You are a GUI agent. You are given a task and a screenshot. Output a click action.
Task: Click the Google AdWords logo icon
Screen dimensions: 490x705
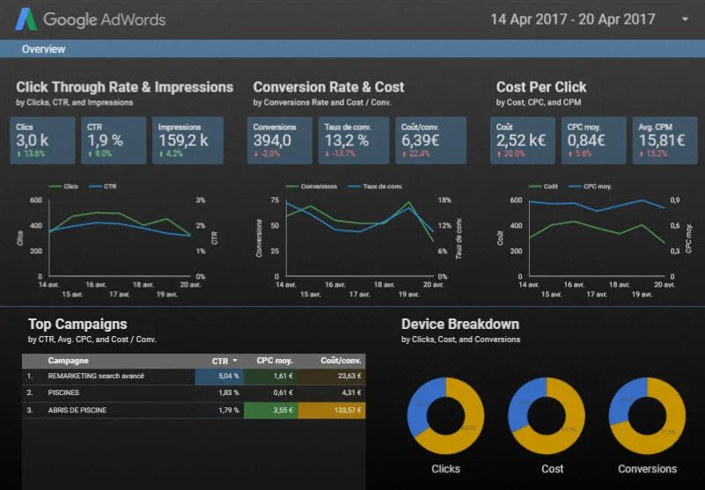tap(26, 18)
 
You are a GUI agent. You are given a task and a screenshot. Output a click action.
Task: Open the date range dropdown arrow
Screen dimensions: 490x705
tap(685, 18)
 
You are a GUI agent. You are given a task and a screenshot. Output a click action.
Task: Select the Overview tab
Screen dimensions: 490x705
tap(43, 49)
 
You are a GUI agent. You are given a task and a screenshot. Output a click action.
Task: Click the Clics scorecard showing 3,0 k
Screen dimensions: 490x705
tap(45, 140)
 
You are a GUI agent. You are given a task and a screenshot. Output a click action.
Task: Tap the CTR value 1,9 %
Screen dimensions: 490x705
tap(105, 141)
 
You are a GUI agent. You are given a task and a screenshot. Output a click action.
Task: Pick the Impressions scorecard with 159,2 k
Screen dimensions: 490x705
tap(183, 140)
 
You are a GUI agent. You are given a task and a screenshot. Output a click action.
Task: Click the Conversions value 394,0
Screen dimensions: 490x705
tap(278, 141)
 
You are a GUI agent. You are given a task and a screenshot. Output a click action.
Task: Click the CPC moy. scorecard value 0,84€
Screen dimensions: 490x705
tap(587, 141)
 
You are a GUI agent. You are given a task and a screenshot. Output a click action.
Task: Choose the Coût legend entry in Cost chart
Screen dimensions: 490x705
tap(546, 186)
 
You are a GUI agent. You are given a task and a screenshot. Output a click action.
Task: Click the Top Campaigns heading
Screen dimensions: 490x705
tap(77, 324)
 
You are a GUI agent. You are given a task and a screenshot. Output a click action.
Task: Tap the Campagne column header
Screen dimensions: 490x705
tap(68, 361)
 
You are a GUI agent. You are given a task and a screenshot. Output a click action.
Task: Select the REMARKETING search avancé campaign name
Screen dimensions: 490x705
tap(96, 377)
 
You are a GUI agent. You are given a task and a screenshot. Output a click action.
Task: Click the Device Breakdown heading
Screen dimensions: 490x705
tap(460, 324)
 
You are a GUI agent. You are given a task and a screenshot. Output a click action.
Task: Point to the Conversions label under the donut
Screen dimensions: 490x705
tap(647, 469)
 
